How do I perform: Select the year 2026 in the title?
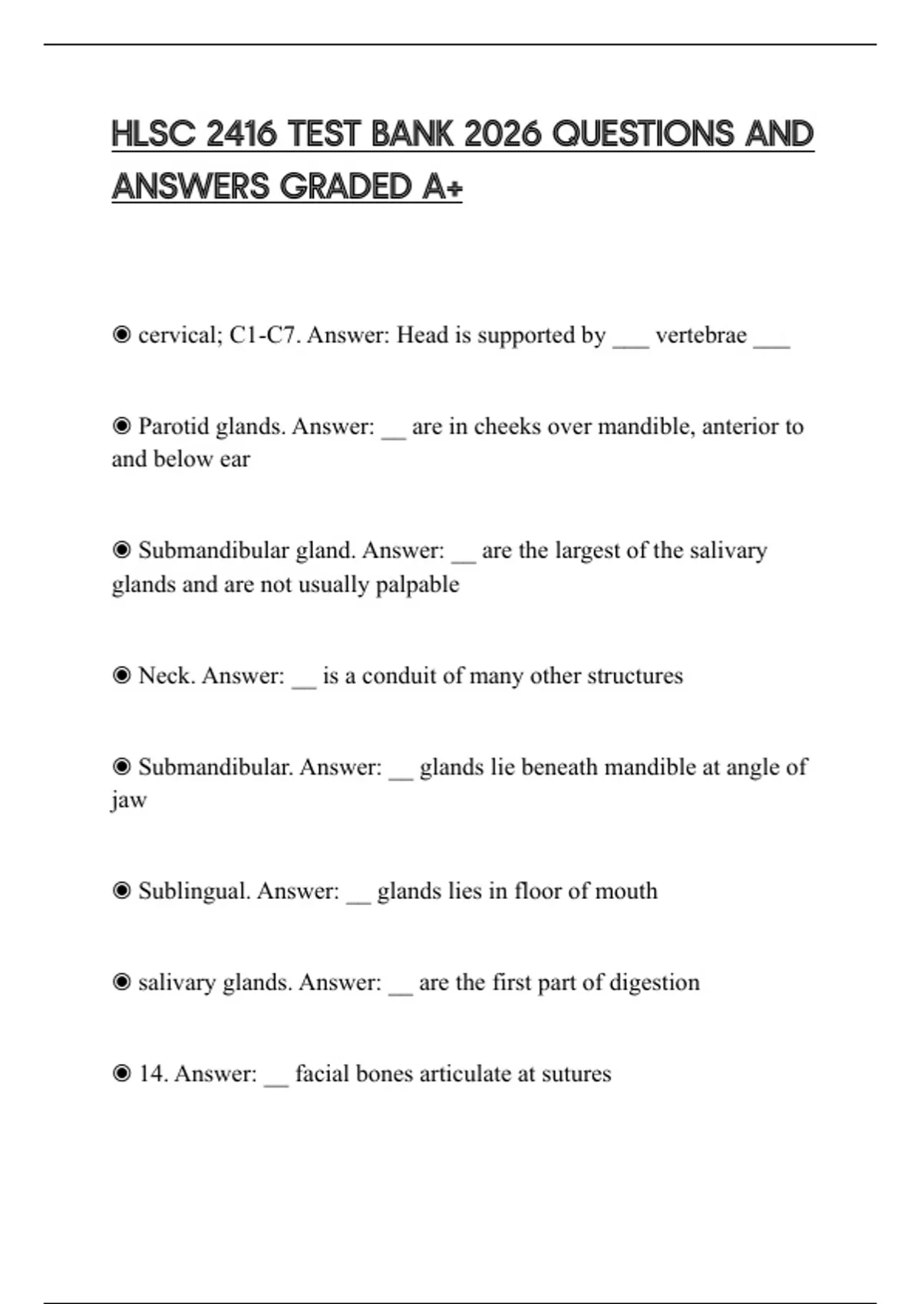coord(503,134)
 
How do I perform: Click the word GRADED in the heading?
coord(346,186)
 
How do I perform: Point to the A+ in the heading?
coord(441,186)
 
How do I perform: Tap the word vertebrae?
coord(701,335)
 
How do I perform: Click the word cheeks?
coord(507,426)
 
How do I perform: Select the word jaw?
coord(129,800)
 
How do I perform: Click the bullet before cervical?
coord(121,335)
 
